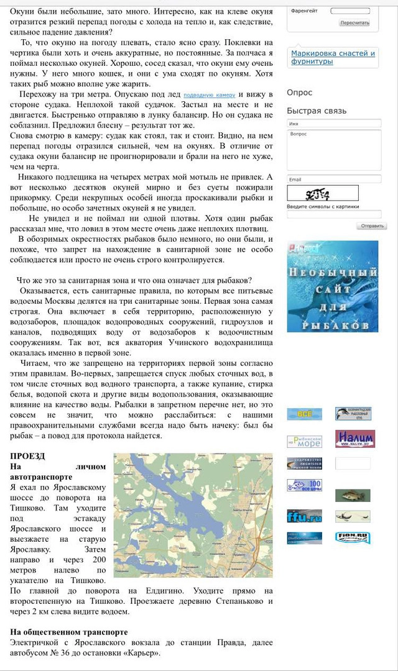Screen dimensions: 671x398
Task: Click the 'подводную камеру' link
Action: tap(208, 95)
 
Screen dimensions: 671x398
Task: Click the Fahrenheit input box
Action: tap(349, 11)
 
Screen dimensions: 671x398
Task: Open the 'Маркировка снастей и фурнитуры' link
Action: tap(333, 57)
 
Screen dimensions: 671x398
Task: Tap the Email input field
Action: tap(334, 180)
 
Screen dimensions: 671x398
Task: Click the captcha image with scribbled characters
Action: tap(323, 193)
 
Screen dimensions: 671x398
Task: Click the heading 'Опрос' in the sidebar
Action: tap(300, 93)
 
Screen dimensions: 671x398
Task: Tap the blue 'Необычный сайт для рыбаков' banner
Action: tap(332, 286)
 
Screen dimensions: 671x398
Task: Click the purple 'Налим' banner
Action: tap(354, 439)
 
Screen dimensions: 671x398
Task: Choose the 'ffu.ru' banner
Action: tap(304, 516)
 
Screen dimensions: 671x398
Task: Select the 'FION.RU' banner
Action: tap(353, 537)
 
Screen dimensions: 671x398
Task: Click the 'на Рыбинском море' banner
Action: tap(304, 442)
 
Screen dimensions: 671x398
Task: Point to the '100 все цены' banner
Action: tap(304, 485)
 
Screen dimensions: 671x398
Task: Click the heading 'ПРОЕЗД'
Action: tap(27, 456)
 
